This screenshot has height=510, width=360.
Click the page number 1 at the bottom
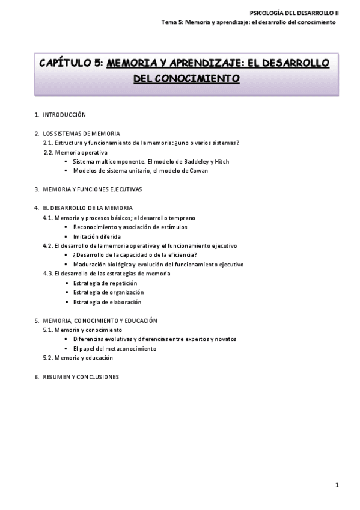338,485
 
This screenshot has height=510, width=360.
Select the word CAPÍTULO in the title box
66,63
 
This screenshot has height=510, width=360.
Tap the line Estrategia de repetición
105,283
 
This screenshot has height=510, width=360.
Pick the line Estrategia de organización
108,292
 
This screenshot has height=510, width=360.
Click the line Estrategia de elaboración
107,302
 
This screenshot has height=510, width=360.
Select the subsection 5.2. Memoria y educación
78,358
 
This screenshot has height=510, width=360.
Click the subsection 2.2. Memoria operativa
75,152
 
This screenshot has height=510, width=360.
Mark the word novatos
225,339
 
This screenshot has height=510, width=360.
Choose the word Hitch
222,161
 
